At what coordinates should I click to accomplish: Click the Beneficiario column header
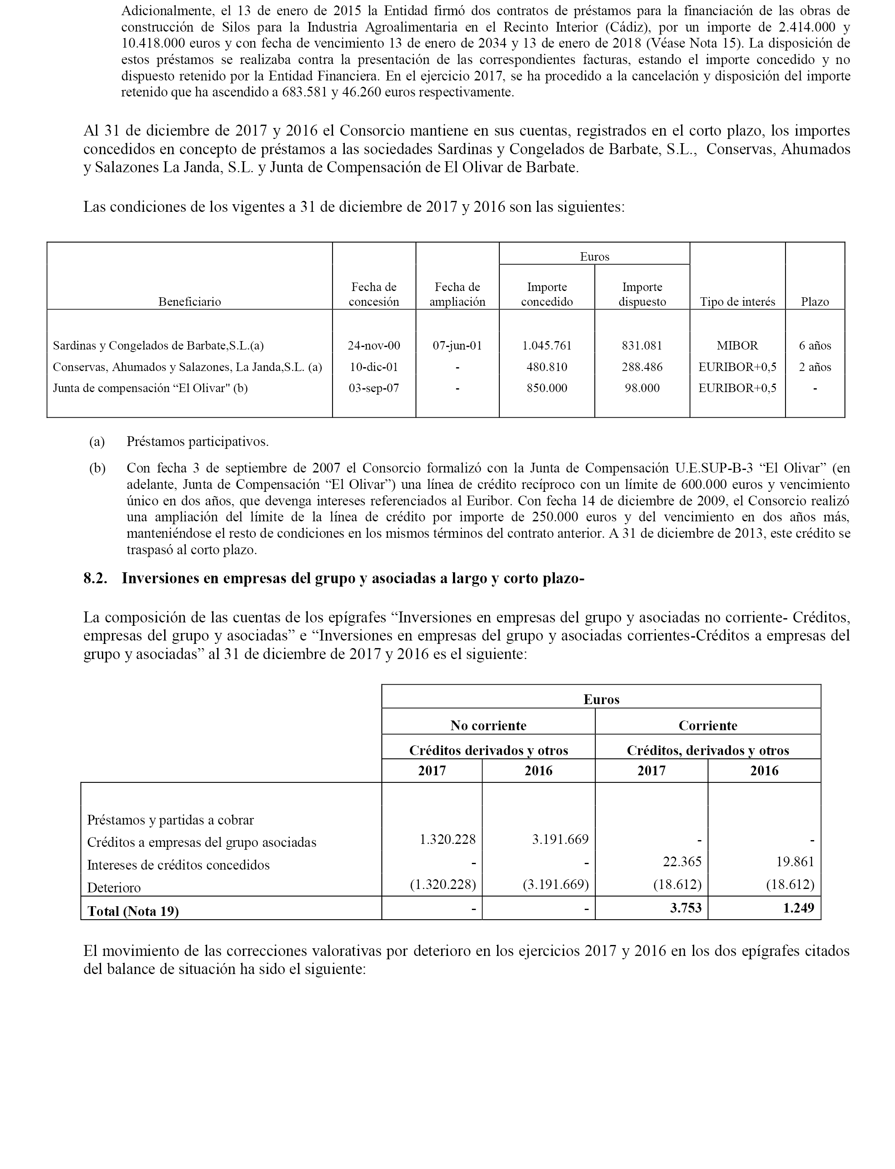click(x=190, y=302)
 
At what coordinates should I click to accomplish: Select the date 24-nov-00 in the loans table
click(x=374, y=345)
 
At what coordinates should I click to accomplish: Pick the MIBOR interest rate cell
click(x=737, y=345)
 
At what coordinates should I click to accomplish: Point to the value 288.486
click(x=642, y=367)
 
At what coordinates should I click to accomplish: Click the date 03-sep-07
click(x=374, y=388)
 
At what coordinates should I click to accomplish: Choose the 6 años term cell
click(x=815, y=345)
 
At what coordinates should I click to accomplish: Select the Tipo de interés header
click(x=737, y=302)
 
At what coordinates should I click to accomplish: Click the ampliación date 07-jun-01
click(x=457, y=345)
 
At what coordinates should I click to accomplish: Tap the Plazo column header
click(x=815, y=302)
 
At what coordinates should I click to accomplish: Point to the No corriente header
click(x=488, y=726)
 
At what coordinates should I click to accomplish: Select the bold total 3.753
click(x=686, y=908)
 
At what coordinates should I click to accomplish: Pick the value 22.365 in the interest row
click(x=684, y=862)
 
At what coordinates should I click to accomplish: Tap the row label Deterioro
click(x=114, y=888)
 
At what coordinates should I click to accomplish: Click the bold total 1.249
click(x=799, y=908)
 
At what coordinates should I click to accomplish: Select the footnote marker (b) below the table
click(x=97, y=468)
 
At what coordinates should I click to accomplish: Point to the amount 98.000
click(x=642, y=388)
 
